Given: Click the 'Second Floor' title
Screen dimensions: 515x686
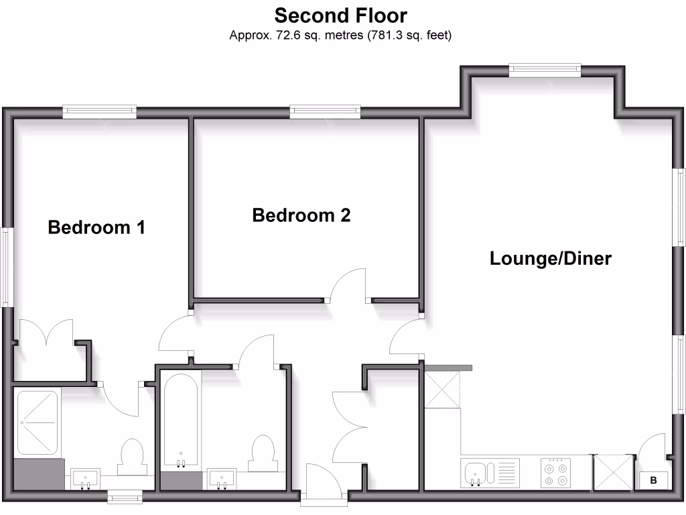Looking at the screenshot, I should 340,15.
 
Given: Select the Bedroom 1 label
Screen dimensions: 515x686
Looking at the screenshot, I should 96,227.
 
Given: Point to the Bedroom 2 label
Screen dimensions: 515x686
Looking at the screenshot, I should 301,215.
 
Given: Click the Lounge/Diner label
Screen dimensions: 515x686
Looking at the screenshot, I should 551,258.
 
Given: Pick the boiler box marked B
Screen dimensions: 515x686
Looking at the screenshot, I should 654,480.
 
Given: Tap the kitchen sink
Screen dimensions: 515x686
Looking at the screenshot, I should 476,473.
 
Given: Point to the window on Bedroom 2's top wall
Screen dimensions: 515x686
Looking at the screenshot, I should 325,112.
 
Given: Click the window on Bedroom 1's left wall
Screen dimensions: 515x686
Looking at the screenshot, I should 7,268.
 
